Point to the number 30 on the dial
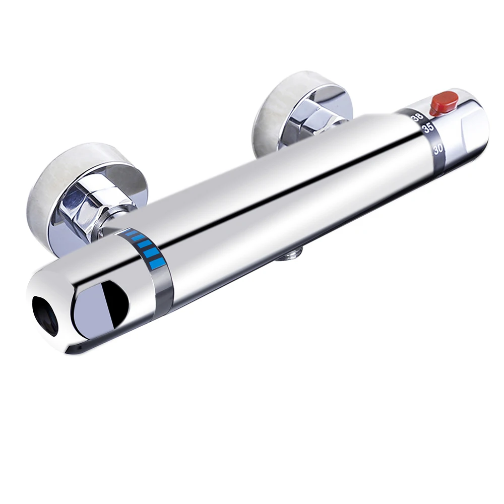pos(438,150)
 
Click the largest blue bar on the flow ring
pos(157,264)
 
